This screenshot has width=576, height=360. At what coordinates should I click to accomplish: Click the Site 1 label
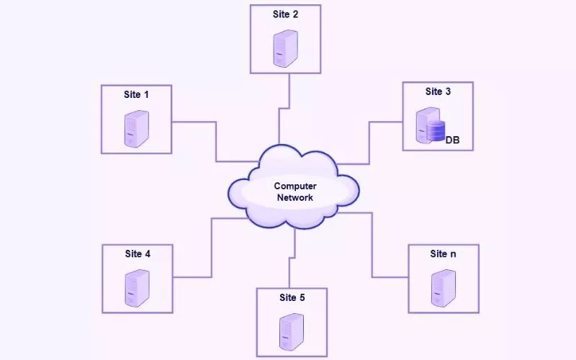(x=136, y=95)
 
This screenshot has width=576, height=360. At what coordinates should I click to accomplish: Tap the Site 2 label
(x=285, y=14)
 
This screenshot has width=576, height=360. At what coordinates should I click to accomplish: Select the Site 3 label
(x=438, y=91)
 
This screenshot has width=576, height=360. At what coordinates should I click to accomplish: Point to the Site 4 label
(x=138, y=254)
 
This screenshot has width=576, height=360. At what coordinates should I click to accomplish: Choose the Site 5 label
(x=292, y=297)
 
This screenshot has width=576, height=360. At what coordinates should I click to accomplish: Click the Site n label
(x=443, y=254)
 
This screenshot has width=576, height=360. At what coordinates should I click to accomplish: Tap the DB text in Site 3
(x=453, y=140)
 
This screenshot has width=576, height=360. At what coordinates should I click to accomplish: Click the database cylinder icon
(x=436, y=131)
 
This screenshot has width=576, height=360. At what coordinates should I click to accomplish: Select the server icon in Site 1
(x=137, y=129)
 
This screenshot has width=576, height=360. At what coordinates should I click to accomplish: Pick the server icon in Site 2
(x=285, y=48)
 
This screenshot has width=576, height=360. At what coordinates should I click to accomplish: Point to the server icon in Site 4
(x=137, y=288)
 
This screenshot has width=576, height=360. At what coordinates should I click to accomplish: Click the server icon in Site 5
(x=292, y=332)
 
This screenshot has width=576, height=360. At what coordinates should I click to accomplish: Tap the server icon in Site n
(x=444, y=288)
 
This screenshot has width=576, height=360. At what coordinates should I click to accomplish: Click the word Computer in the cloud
(x=295, y=186)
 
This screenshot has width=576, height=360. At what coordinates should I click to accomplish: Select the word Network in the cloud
(x=295, y=197)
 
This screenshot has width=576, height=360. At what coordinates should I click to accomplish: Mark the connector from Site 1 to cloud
(x=216, y=141)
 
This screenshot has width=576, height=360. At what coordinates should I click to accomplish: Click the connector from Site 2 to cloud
(x=284, y=109)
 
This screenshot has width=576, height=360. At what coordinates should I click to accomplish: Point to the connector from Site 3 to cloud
(x=369, y=143)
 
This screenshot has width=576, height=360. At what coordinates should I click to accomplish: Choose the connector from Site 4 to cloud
(x=212, y=247)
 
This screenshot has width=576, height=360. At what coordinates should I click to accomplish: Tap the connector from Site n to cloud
(x=372, y=245)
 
